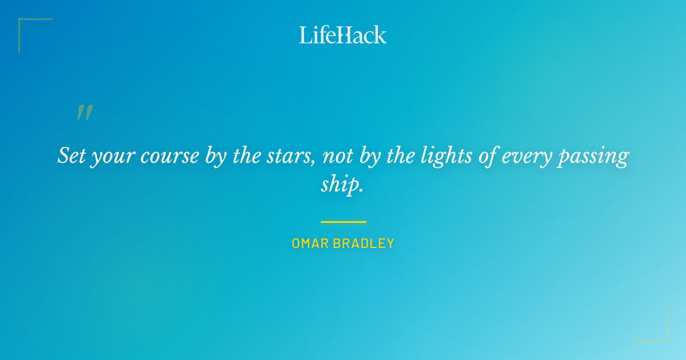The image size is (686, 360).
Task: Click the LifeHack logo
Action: (x=343, y=35)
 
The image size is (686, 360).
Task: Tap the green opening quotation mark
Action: (x=85, y=113)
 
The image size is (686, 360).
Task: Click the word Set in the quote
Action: (x=71, y=155)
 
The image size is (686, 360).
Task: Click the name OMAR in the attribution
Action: (x=311, y=243)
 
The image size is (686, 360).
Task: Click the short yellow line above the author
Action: (x=343, y=222)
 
